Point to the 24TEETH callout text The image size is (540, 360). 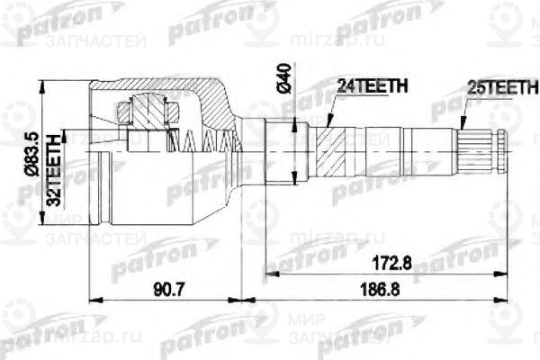372,86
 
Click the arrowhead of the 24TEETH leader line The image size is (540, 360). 330,126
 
